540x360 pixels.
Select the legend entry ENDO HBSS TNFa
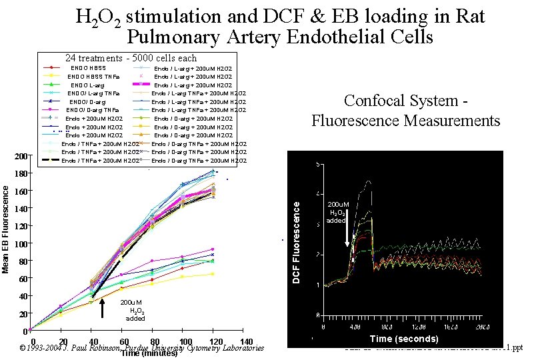[x=93, y=77]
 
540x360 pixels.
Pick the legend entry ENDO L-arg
[x=87, y=85]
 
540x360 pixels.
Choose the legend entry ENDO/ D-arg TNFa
[x=93, y=110]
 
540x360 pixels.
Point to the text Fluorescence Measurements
[x=405, y=121]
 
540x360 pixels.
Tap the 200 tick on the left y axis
[x=21, y=157]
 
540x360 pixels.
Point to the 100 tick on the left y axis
[x=21, y=244]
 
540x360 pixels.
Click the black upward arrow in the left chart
[x=102, y=309]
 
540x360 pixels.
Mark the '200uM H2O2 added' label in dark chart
[x=335, y=213]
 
